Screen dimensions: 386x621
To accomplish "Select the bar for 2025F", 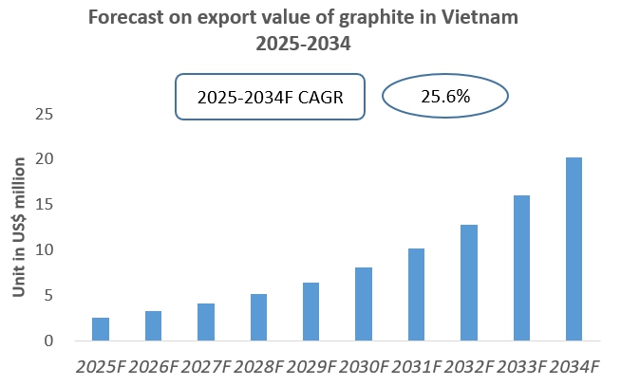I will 101,329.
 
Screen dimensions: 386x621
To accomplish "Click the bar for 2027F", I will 206,322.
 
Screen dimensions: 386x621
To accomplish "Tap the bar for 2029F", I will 311,312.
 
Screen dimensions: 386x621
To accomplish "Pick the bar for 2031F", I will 416,295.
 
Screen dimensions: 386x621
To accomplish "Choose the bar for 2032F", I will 469,283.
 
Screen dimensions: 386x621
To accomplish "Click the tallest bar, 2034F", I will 574,249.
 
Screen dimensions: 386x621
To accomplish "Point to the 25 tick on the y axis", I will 42,115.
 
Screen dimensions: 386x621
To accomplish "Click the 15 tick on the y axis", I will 42,205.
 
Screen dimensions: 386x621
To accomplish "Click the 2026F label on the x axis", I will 153,365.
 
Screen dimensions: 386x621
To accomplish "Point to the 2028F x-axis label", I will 258,365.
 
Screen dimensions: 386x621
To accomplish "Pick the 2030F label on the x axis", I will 364,365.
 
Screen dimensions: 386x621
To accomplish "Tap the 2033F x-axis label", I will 521,365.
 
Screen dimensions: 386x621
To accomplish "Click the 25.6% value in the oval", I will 445,96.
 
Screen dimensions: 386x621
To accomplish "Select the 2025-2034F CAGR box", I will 270,97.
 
